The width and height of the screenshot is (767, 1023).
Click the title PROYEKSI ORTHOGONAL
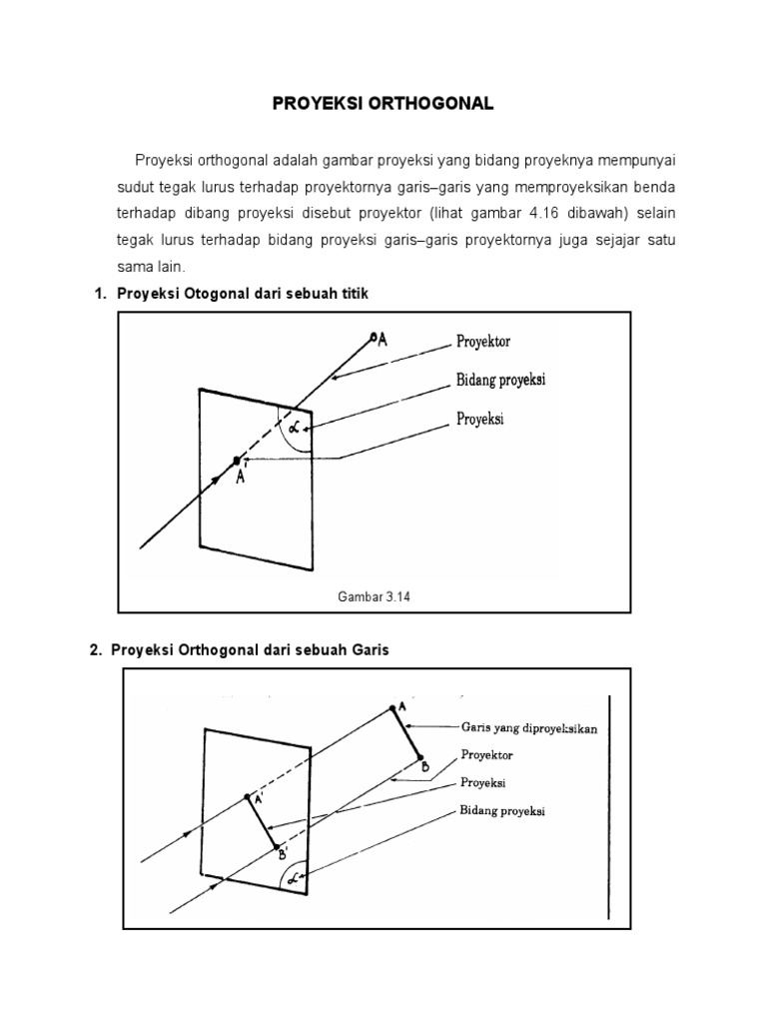pyautogui.click(x=384, y=104)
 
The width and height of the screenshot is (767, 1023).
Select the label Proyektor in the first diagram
pyautogui.click(x=483, y=342)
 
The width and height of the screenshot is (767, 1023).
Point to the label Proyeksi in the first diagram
pyautogui.click(x=480, y=420)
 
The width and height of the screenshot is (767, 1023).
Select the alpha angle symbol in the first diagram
pyautogui.click(x=294, y=428)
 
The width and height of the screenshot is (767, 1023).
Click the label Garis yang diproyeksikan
pyautogui.click(x=529, y=729)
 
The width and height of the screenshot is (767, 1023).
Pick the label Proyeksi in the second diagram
pyautogui.click(x=482, y=783)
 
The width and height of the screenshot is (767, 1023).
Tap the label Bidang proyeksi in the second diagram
pyautogui.click(x=502, y=811)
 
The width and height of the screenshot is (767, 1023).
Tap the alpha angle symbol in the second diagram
pyautogui.click(x=293, y=879)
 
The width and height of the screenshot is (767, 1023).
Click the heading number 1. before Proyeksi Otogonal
pyautogui.click(x=99, y=293)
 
